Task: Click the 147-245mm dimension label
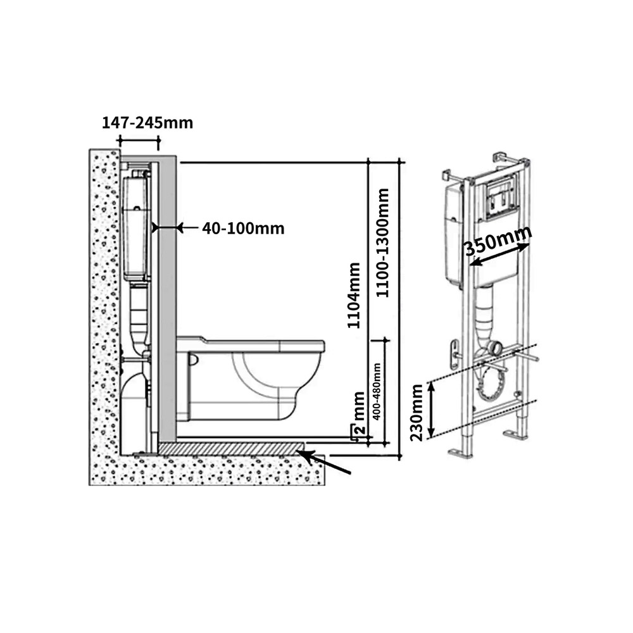[147, 123]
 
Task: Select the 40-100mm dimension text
[243, 229]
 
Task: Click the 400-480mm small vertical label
[377, 391]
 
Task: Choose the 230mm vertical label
[417, 413]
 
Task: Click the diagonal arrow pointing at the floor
[325, 462]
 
